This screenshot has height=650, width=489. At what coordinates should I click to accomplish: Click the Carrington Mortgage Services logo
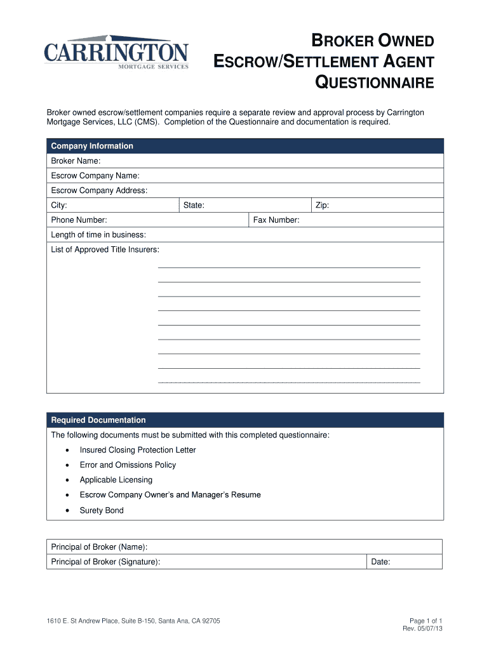[116, 53]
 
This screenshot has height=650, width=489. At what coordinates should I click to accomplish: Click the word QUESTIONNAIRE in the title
[375, 83]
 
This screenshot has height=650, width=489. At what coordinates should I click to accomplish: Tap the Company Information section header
[92, 146]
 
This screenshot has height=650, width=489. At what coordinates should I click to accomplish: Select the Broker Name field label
[76, 161]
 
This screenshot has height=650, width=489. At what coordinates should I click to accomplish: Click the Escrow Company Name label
[95, 176]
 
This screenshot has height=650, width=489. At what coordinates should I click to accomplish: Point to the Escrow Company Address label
[99, 190]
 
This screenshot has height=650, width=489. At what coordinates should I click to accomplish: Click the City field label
[59, 206]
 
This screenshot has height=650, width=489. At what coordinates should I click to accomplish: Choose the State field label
[194, 206]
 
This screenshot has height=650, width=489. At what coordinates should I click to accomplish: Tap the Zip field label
[322, 206]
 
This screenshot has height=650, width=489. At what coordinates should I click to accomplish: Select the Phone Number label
[79, 220]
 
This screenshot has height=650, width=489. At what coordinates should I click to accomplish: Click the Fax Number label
[276, 220]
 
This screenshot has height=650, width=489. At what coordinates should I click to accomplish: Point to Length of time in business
[98, 235]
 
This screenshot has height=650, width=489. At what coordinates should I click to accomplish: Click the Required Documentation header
[98, 420]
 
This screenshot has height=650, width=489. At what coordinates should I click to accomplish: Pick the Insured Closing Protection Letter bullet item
[138, 450]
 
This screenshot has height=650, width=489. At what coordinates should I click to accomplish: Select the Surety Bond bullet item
[102, 510]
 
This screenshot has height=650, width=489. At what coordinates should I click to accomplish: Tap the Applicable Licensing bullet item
[116, 480]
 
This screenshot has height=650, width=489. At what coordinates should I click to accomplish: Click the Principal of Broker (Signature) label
[105, 562]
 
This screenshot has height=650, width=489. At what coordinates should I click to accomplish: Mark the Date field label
[381, 562]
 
